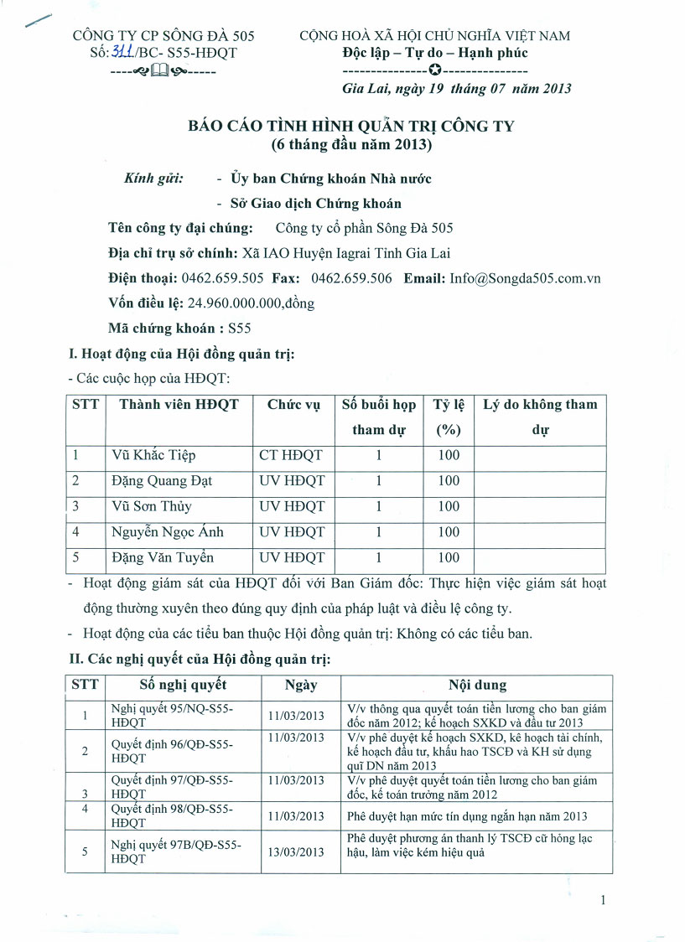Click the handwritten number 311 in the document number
(x=123, y=52)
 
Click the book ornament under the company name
(x=160, y=71)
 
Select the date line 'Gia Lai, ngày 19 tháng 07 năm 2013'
(x=457, y=88)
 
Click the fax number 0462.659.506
(x=351, y=278)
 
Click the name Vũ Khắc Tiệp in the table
(x=153, y=455)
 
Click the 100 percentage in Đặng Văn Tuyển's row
(x=449, y=557)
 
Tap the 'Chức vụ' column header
(x=293, y=405)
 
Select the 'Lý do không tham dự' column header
(x=540, y=417)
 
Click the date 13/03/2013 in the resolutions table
(x=296, y=852)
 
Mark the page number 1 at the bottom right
(x=603, y=900)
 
